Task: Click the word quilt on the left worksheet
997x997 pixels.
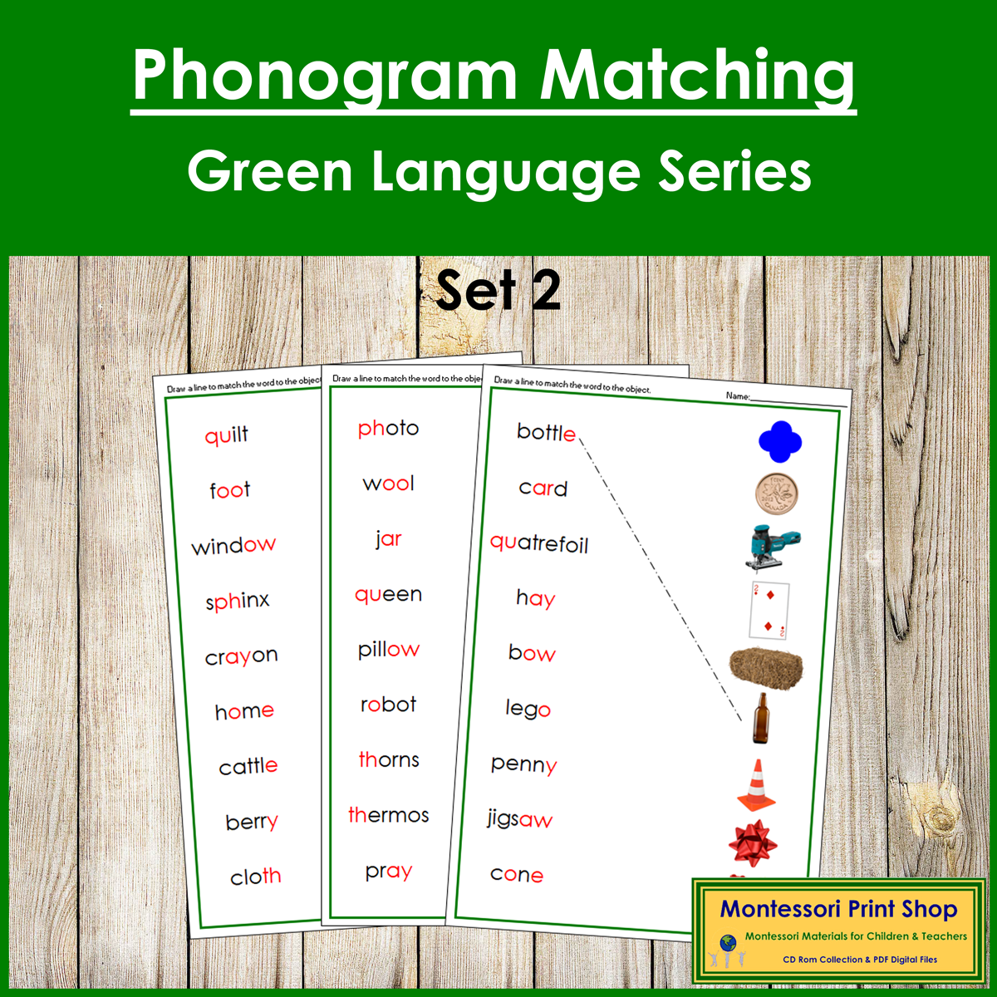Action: coord(226,435)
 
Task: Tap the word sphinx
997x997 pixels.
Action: coord(238,601)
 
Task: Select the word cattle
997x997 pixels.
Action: coord(248,766)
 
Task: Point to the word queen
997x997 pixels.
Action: coord(388,595)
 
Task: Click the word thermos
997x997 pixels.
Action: coord(388,816)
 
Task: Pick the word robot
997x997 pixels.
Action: coord(388,705)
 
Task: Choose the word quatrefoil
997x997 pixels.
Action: coord(539,544)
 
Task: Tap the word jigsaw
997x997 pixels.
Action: coord(520,820)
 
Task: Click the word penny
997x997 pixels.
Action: coord(523,764)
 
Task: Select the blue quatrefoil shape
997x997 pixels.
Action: coord(779,441)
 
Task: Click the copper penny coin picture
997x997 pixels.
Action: coord(777,494)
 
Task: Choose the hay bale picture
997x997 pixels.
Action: coord(766,667)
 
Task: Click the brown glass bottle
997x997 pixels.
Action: coord(759,719)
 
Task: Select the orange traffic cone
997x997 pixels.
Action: coord(756,785)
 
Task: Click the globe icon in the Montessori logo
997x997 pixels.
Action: coord(728,943)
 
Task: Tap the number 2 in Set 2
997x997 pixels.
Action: coord(546,291)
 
